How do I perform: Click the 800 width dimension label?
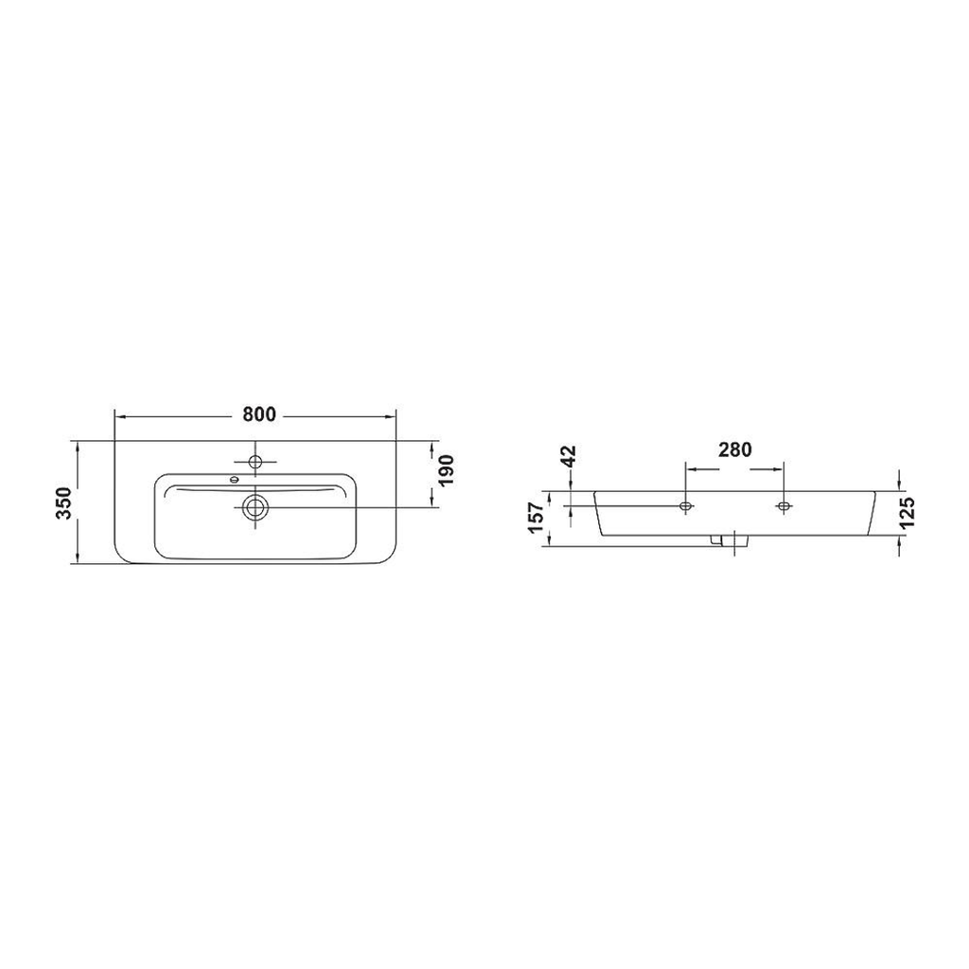tap(259, 414)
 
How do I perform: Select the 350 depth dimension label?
tap(65, 502)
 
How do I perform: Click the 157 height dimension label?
tap(536, 518)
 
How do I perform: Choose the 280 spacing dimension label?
tap(734, 449)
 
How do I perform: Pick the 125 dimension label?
tap(907, 512)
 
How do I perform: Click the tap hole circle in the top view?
tap(255, 461)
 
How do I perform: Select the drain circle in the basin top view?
tap(255, 507)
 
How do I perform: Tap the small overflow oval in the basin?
tap(234, 479)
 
